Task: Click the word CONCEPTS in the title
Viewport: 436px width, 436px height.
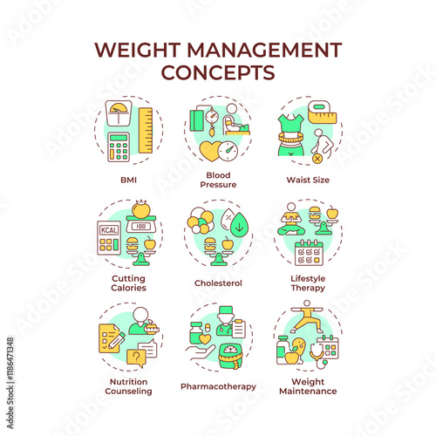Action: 218,72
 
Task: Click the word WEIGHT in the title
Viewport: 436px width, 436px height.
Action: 137,50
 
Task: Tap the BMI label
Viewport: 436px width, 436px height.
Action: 128,180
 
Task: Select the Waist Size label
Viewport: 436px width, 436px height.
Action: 308,180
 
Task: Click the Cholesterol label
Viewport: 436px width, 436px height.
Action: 218,283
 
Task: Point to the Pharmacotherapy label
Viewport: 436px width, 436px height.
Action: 218,386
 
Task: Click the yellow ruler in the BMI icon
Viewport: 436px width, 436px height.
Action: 146,131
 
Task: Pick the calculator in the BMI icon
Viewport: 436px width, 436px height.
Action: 119,147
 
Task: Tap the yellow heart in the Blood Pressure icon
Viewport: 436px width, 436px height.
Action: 210,151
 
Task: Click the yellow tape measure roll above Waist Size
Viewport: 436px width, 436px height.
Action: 322,112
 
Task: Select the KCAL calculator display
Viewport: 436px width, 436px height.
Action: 109,230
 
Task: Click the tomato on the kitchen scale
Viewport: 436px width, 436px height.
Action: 141,208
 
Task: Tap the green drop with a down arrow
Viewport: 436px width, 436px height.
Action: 239,225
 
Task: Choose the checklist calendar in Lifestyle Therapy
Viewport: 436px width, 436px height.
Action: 309,252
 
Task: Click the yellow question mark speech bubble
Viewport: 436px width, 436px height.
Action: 136,358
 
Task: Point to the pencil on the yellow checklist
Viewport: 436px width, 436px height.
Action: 117,341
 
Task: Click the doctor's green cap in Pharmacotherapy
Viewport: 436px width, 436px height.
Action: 226,310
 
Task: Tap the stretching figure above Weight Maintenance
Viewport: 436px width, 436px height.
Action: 307,317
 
